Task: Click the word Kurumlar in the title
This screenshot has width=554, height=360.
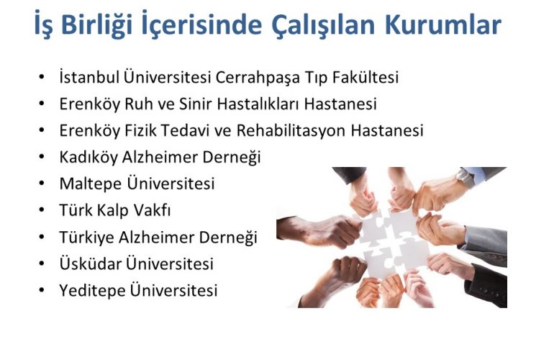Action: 442,24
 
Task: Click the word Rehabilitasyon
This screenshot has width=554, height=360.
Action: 291,131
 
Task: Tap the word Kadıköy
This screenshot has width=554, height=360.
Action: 88,158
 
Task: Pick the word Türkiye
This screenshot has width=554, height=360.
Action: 86,238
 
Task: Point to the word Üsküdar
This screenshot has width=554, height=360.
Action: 91,264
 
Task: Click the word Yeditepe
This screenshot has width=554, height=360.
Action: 92,291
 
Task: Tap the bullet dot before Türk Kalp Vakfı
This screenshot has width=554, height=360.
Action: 42,210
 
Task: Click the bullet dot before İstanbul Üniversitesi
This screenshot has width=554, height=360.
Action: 42,77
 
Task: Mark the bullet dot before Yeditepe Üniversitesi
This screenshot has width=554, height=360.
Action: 42,290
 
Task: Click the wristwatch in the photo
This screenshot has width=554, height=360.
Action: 465,177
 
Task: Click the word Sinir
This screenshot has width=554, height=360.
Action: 196,104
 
